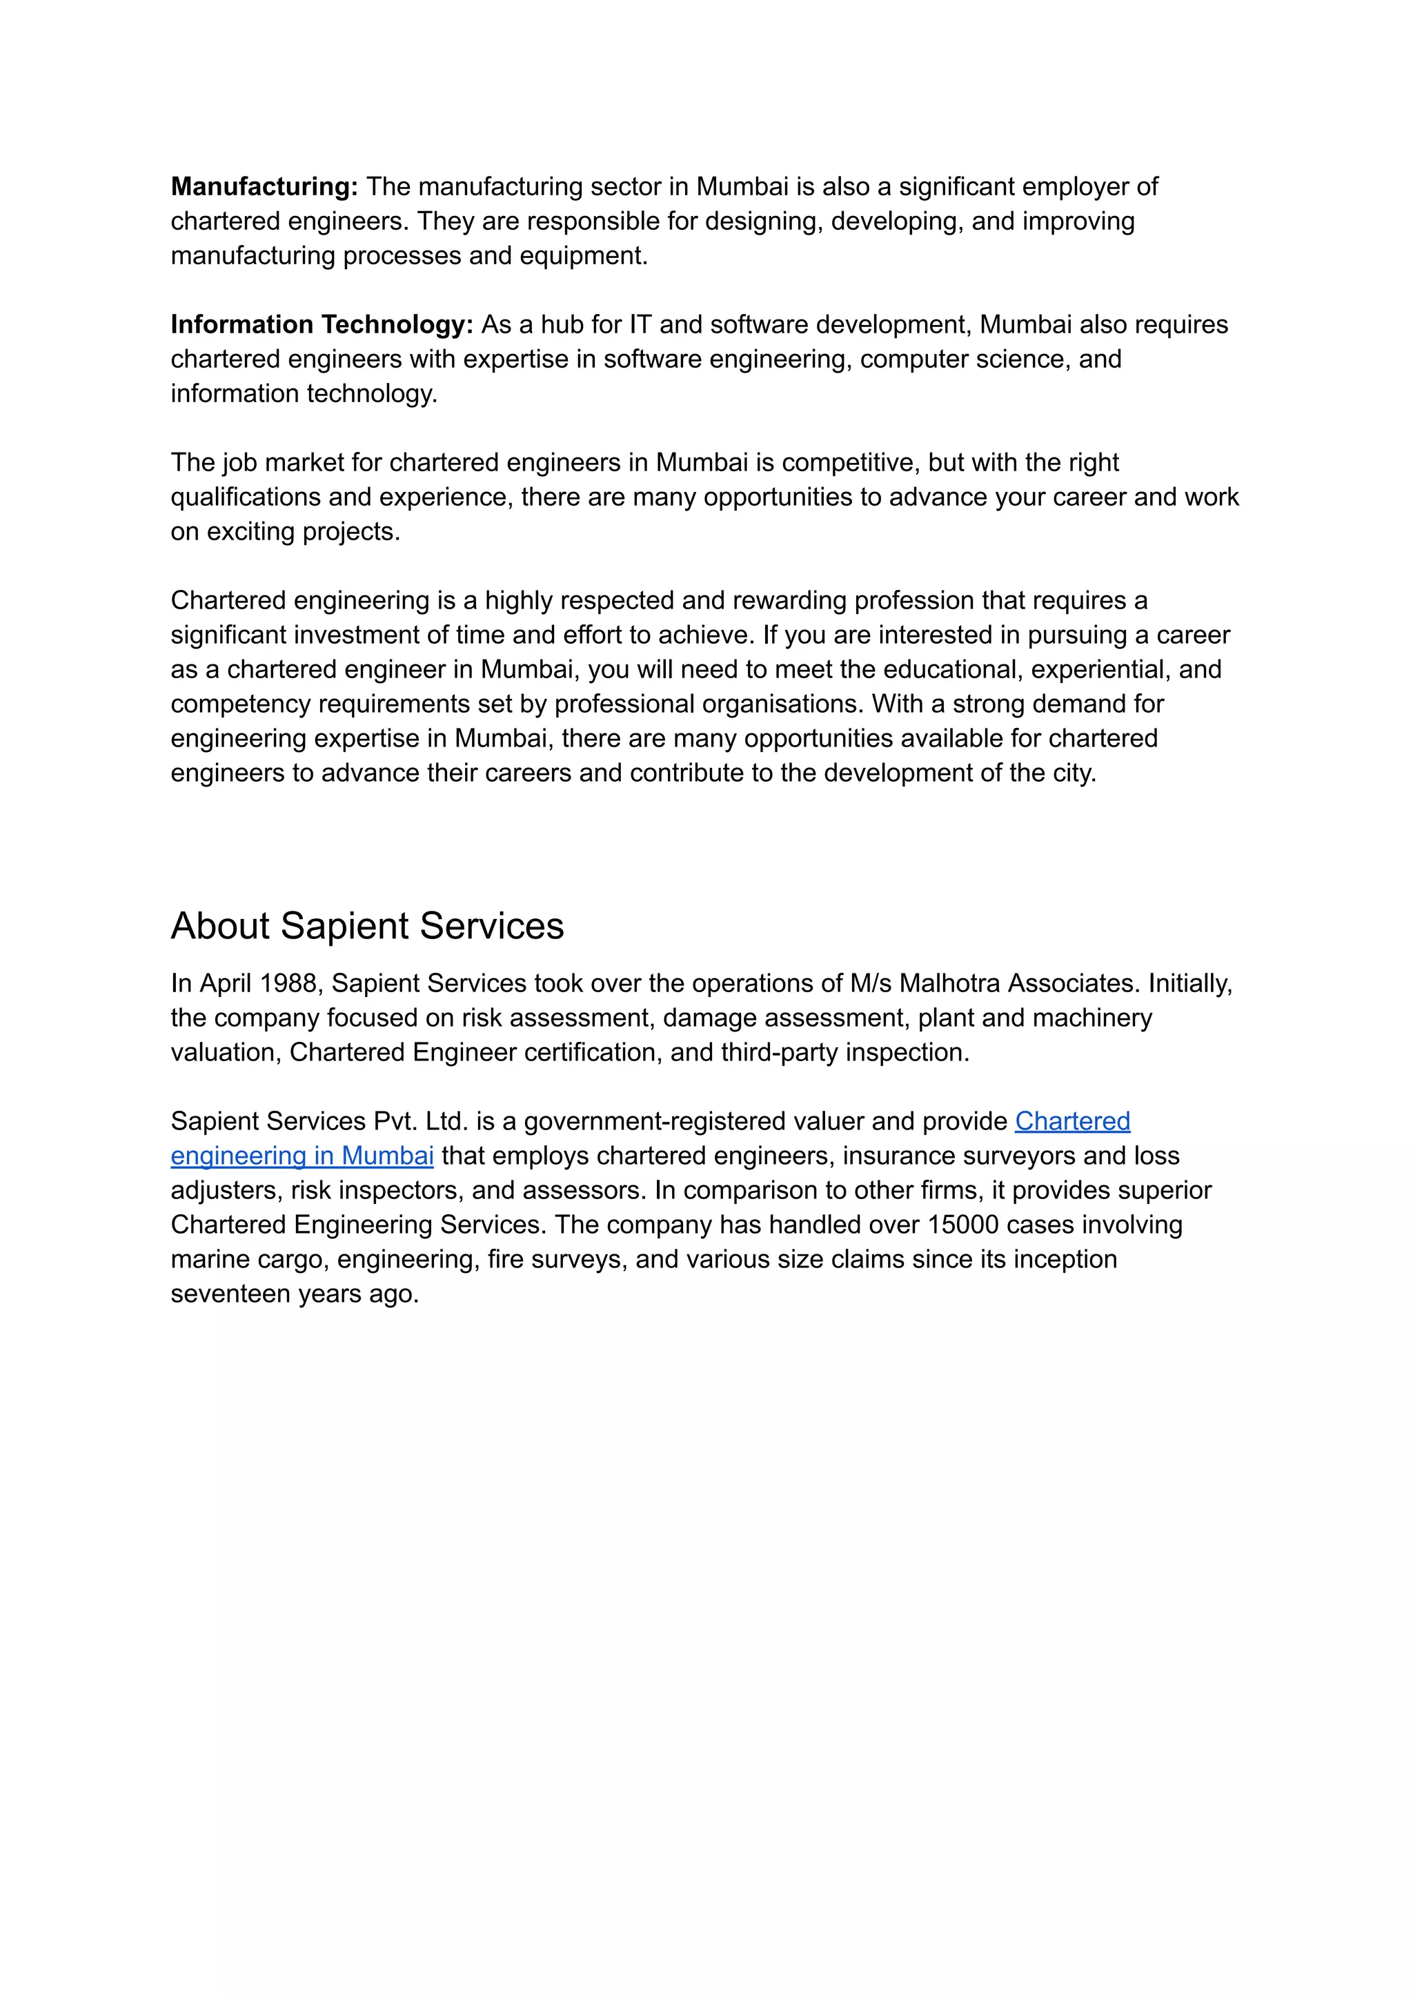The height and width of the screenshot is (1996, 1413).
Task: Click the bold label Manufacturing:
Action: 264,186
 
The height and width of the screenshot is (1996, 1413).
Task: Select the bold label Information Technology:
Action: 321,324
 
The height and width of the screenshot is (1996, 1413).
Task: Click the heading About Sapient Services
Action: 366,926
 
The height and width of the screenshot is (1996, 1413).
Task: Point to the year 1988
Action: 288,983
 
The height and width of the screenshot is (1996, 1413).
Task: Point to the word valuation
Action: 226,1052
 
